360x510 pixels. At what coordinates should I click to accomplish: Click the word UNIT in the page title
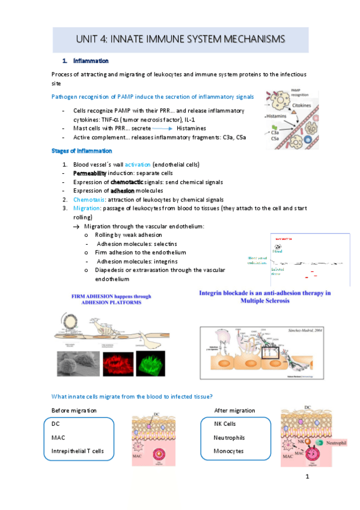(x=89, y=39)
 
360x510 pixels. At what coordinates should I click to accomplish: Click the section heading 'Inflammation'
(x=91, y=61)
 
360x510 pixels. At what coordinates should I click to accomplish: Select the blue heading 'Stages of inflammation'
(x=81, y=151)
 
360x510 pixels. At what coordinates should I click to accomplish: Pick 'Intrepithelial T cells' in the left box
(x=78, y=450)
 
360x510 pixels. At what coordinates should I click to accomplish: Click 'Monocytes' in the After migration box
(x=229, y=450)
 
